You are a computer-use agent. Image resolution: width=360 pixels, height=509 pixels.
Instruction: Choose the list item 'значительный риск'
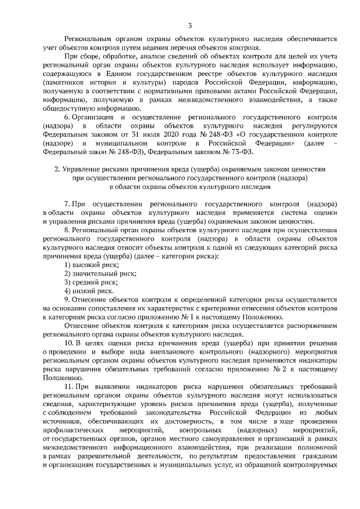point(100,273)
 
